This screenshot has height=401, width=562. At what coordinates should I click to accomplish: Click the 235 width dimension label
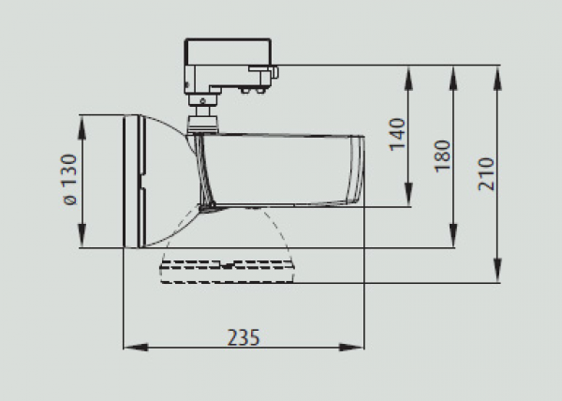(x=244, y=337)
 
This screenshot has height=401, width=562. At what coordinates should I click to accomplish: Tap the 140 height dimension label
(x=397, y=134)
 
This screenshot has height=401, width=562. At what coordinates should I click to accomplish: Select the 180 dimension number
(x=442, y=156)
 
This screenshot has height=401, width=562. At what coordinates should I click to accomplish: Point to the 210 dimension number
(x=486, y=174)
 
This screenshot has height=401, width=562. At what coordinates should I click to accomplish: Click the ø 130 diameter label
(x=69, y=179)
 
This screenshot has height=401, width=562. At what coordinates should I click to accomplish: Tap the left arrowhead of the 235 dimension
(x=136, y=348)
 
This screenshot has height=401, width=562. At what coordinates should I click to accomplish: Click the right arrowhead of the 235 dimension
(x=351, y=348)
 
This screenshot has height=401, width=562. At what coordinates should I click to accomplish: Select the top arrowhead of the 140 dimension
(x=408, y=78)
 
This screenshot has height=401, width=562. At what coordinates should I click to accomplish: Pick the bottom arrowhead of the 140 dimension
(x=408, y=194)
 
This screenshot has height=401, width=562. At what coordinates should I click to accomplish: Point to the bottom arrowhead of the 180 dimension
(x=453, y=235)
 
